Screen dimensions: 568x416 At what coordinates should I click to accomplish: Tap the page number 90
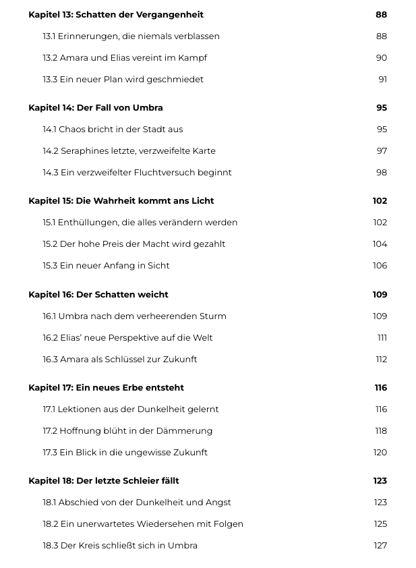click(x=382, y=57)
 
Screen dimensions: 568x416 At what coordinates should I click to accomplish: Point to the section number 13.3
click(x=50, y=79)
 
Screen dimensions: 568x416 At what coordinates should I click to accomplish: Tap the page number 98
click(x=382, y=172)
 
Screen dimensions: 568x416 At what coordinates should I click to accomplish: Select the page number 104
click(x=380, y=244)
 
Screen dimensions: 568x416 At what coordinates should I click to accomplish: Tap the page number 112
click(x=382, y=359)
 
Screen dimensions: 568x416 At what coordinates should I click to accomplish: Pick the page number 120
click(x=380, y=452)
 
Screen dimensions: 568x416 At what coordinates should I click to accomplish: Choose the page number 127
click(x=380, y=545)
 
